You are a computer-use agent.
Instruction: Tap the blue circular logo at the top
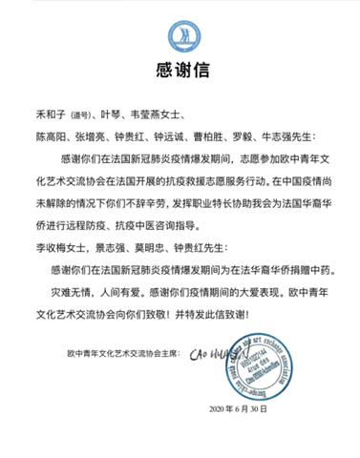(x=180, y=34)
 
